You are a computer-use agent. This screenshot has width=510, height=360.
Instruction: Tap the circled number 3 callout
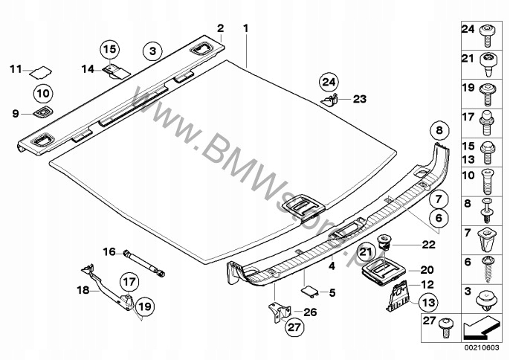[152, 51]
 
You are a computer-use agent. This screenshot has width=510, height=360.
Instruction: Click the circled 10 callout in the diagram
[42, 94]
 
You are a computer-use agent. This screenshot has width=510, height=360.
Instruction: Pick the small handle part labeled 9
[39, 112]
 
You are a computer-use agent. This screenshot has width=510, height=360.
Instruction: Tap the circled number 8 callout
[439, 131]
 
